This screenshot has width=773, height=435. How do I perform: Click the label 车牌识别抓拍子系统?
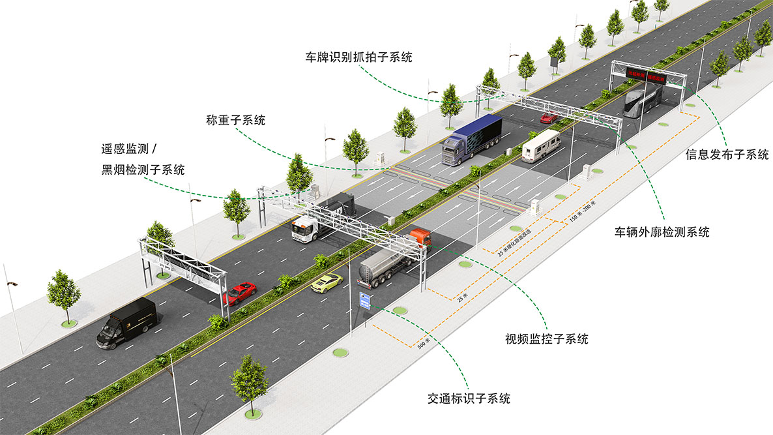359,57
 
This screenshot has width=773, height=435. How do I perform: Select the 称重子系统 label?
235,120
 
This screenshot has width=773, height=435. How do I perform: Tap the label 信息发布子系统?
727,155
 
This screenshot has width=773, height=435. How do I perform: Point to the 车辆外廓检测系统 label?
662,232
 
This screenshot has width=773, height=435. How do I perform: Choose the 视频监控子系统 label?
546,338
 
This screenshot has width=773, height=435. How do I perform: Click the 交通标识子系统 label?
469,398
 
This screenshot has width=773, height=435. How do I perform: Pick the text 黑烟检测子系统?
139,170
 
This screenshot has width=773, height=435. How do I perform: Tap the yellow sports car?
327,282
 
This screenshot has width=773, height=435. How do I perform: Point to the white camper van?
541,145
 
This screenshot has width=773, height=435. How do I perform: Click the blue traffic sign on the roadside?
366,301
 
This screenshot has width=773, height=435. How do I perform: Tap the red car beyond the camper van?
549,118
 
